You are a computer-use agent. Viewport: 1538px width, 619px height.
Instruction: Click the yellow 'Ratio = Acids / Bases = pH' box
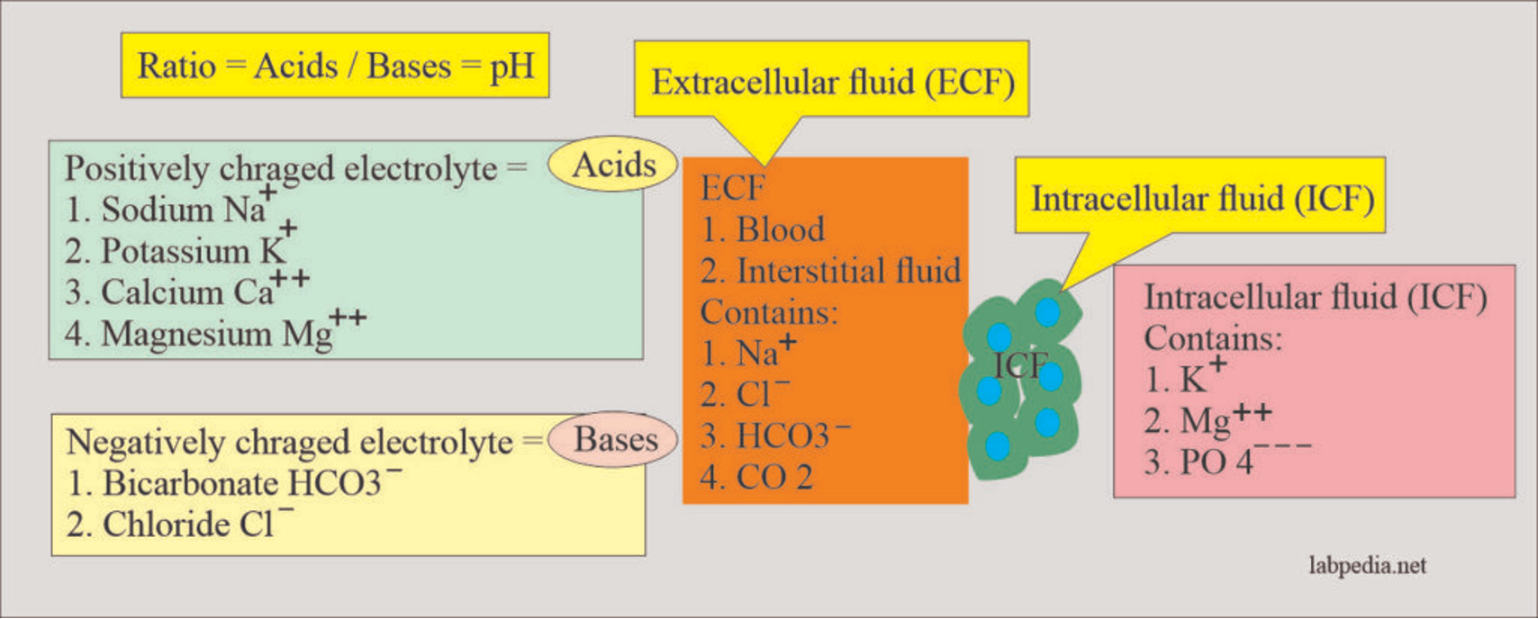[335, 66]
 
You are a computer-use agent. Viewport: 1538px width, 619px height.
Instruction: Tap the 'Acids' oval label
[613, 165]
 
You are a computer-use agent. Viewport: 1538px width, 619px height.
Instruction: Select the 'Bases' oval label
[615, 439]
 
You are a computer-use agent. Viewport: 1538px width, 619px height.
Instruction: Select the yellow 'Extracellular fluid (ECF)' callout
[832, 82]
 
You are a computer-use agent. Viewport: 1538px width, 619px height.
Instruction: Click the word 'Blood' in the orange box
[780, 229]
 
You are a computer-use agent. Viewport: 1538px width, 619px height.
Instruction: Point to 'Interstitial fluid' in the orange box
[847, 271]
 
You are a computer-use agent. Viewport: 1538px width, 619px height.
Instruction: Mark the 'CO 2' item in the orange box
[774, 477]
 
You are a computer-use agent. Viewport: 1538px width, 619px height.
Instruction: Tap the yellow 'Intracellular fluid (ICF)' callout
[1201, 199]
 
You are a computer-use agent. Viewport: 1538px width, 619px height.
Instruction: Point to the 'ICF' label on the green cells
[1020, 365]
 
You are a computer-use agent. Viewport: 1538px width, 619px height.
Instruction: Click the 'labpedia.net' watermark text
[1367, 565]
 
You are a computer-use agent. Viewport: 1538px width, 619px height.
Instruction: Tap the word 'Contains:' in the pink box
[1212, 338]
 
